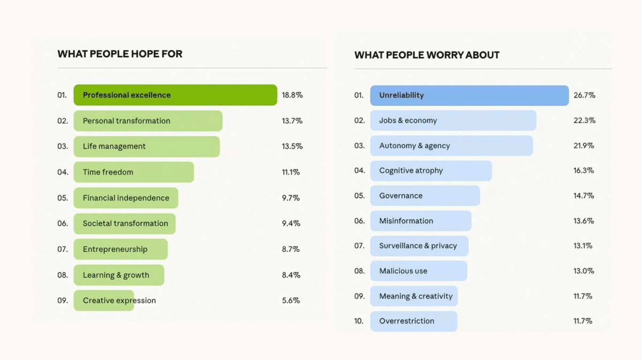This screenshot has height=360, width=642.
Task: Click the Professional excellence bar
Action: pos(175,95)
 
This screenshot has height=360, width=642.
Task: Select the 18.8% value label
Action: pos(292,95)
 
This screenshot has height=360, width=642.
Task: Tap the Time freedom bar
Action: pos(134,172)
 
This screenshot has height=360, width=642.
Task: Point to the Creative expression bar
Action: pos(104,301)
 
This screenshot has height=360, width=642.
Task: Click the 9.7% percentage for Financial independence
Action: pos(291,198)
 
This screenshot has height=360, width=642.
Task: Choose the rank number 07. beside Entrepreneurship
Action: pos(63,249)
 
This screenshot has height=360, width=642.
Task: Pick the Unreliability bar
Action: pos(469,95)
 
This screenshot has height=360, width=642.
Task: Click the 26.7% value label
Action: pos(584,95)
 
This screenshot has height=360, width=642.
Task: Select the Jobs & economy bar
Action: pos(453,120)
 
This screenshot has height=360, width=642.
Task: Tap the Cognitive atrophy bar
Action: pos(431,171)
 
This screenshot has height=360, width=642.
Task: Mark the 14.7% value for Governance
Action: pos(584,196)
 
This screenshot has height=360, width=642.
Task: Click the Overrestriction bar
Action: pos(414,321)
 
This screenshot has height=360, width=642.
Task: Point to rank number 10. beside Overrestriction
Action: pos(358,321)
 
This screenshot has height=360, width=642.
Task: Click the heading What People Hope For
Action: pos(120,54)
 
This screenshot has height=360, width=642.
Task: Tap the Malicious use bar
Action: pos(418,271)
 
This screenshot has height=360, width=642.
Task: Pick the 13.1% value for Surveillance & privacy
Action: pos(584,246)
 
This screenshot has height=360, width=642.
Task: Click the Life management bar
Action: pos(147,147)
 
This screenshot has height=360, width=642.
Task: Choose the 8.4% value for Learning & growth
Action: pos(291,275)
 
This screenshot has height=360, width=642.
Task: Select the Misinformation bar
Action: pos(421,221)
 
